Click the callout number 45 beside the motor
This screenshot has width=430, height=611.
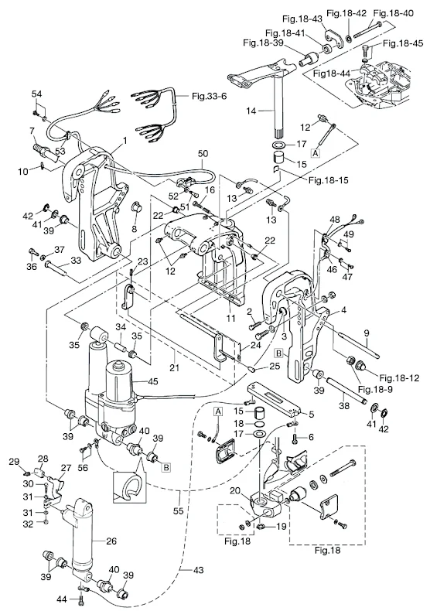click(153, 381)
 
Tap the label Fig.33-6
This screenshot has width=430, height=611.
click(209, 95)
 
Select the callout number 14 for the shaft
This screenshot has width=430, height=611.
click(251, 111)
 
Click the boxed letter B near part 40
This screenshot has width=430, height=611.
click(166, 467)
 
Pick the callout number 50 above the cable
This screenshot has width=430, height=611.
click(203, 153)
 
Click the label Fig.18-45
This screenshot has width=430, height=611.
click(403, 43)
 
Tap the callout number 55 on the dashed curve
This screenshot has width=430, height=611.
click(178, 510)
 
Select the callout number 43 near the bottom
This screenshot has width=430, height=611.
click(198, 570)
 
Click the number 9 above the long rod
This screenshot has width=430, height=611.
click(367, 333)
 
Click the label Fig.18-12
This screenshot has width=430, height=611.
click(400, 377)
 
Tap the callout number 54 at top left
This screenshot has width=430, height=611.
click(37, 94)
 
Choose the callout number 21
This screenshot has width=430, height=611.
click(175, 367)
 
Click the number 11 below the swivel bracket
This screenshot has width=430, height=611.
click(231, 319)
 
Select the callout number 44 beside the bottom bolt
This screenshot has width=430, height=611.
click(62, 599)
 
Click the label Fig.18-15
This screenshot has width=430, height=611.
click(329, 180)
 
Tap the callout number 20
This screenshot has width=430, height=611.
click(234, 490)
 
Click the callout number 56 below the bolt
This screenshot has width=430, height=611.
click(83, 468)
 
